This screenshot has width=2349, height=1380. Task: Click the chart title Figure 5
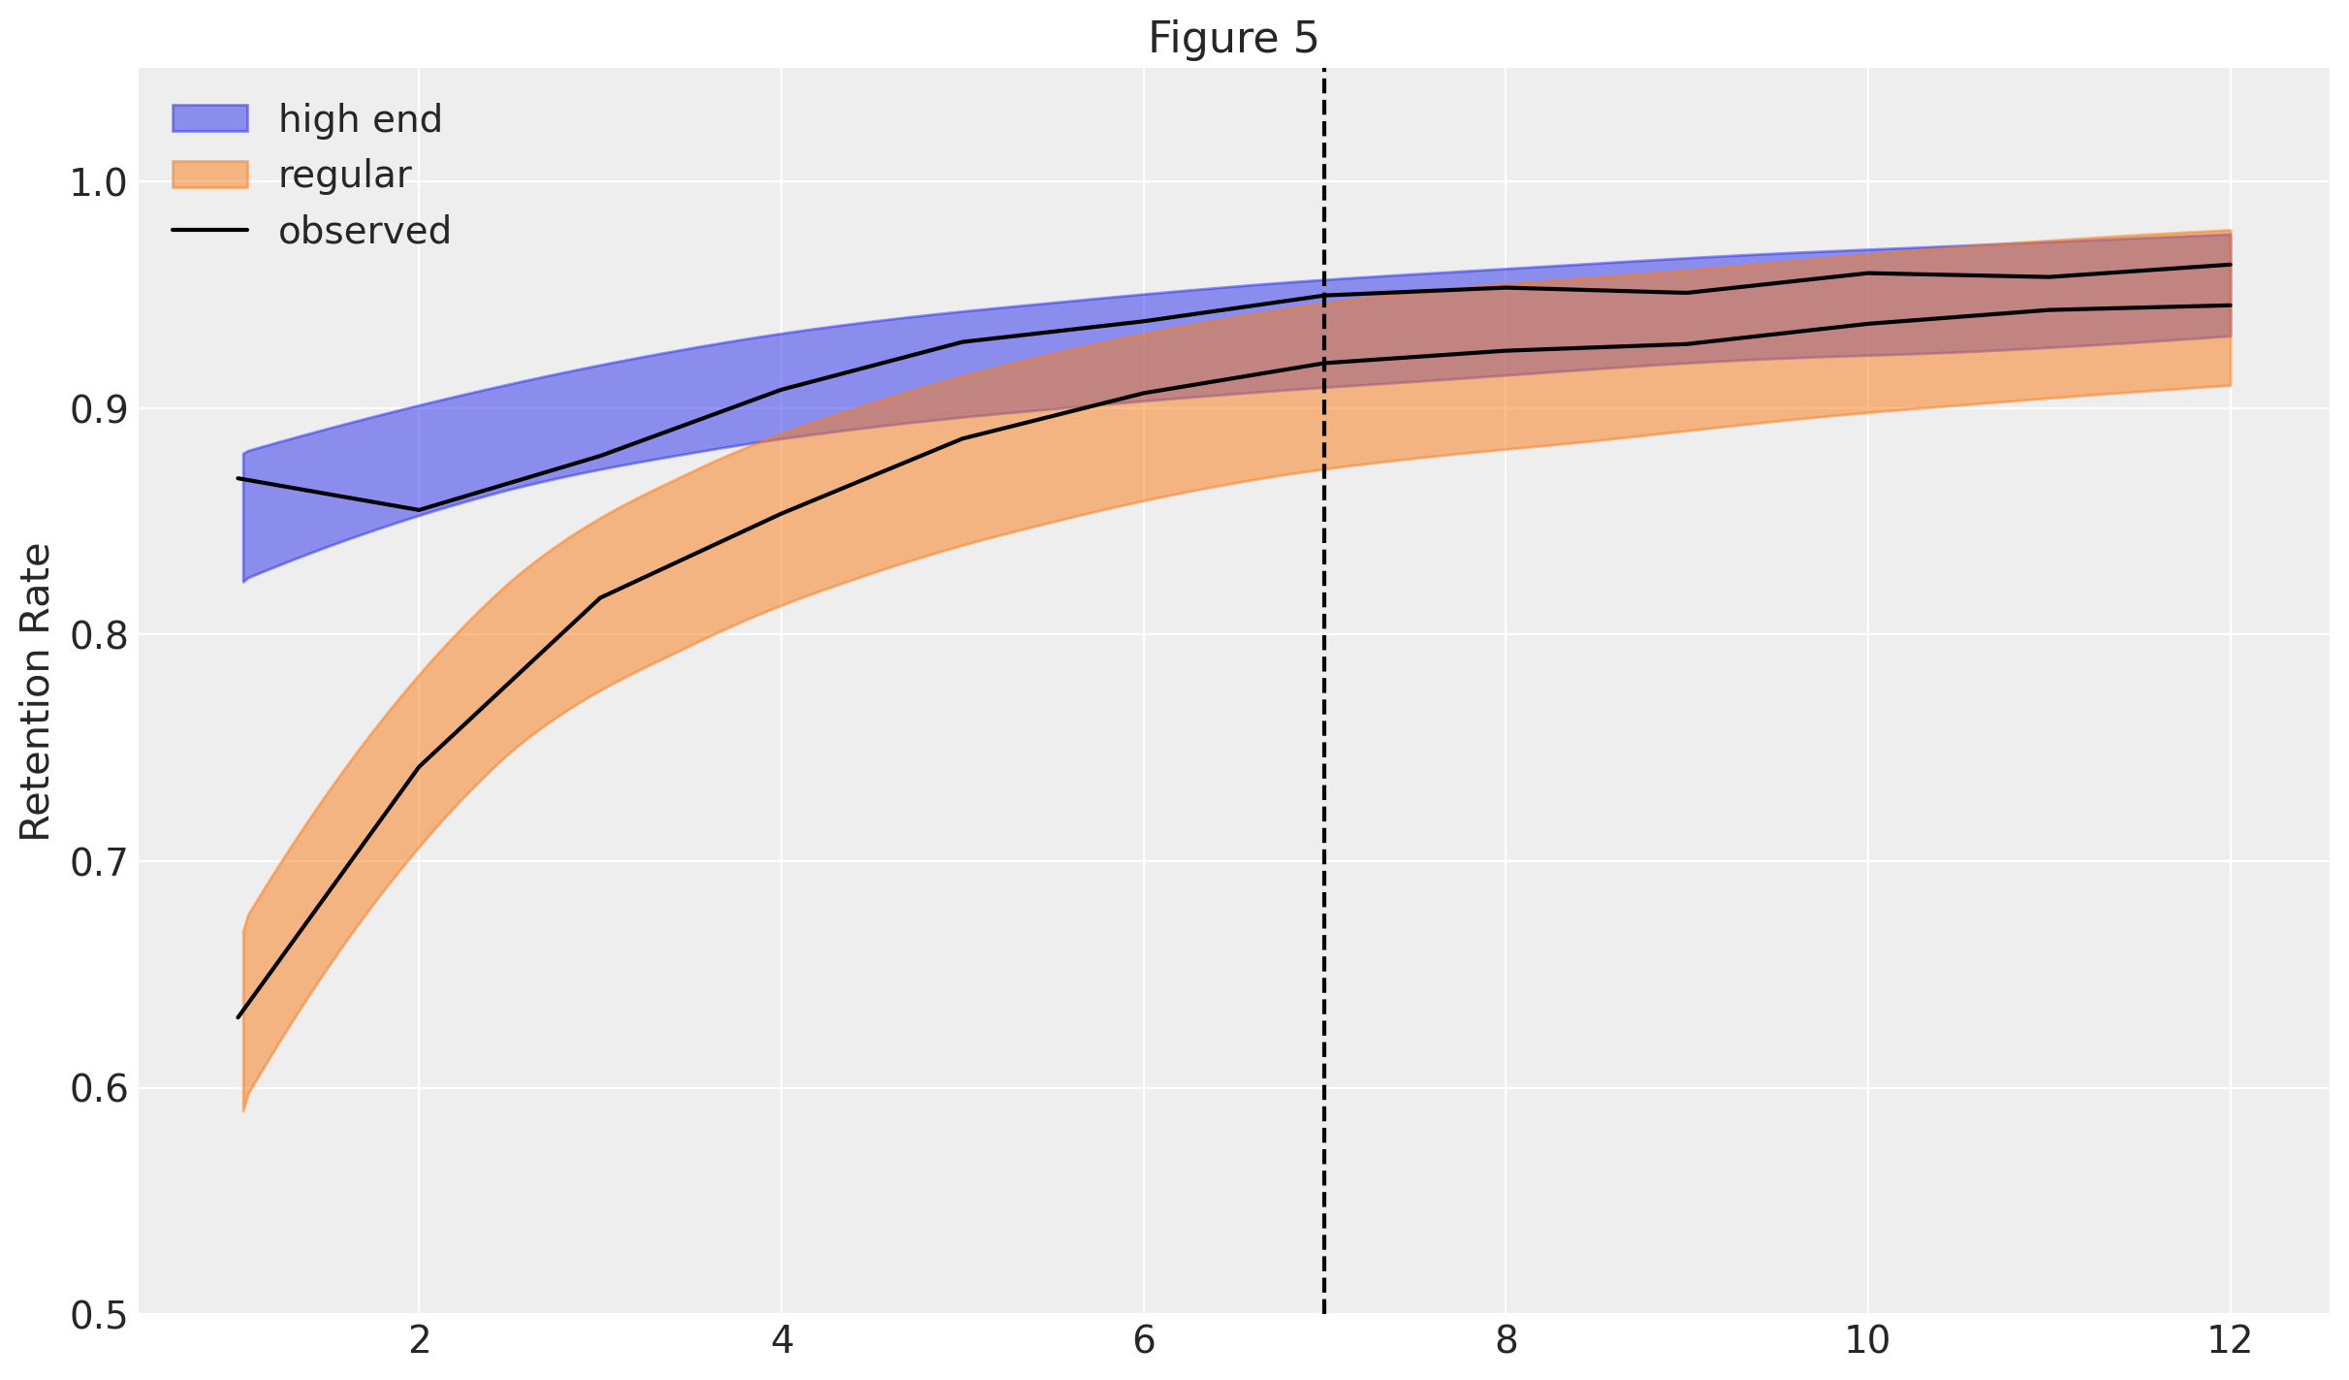tap(1233, 39)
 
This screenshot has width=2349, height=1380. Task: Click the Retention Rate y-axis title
tap(36, 691)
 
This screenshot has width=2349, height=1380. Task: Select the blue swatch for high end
tap(209, 118)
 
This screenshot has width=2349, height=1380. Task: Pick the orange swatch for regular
tap(209, 175)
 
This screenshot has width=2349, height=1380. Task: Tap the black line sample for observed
tap(209, 231)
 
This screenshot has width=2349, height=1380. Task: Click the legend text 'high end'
tap(360, 119)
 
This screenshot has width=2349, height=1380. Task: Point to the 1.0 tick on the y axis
tap(98, 182)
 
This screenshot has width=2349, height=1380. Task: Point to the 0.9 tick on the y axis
tap(98, 409)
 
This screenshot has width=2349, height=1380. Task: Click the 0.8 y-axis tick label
tap(98, 635)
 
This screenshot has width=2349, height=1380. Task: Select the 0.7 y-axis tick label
tap(98, 862)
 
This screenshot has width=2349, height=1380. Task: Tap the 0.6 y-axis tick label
tap(98, 1088)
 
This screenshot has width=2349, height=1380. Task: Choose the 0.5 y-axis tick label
tap(98, 1315)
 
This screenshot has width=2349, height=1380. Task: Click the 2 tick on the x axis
tap(419, 1341)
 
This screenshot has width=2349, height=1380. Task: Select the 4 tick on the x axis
tap(781, 1341)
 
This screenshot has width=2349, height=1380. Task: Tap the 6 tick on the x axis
tap(1144, 1341)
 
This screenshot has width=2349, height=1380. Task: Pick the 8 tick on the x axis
tap(1506, 1341)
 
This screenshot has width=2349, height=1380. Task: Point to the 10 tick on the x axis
tap(1867, 1341)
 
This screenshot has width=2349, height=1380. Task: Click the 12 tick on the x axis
tap(2230, 1341)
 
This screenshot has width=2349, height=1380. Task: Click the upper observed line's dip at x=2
tap(419, 510)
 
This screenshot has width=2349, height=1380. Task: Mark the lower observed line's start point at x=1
tap(238, 1017)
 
